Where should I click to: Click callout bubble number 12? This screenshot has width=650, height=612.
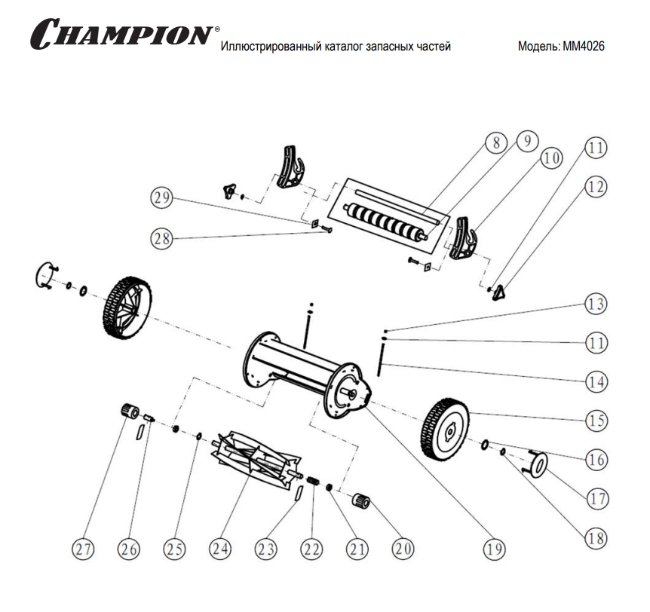point(596,188)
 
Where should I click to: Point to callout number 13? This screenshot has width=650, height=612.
point(596,305)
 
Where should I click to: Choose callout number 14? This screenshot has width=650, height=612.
point(596,381)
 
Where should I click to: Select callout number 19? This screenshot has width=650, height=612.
point(494,549)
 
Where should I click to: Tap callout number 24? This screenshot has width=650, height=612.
point(219,549)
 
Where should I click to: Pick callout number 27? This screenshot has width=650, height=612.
point(84,549)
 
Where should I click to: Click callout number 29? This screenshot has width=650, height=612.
point(161,198)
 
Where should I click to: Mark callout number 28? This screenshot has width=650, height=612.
point(161,237)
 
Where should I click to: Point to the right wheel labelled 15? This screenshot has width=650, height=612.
point(446,427)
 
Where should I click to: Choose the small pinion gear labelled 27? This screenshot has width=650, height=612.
point(131,412)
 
